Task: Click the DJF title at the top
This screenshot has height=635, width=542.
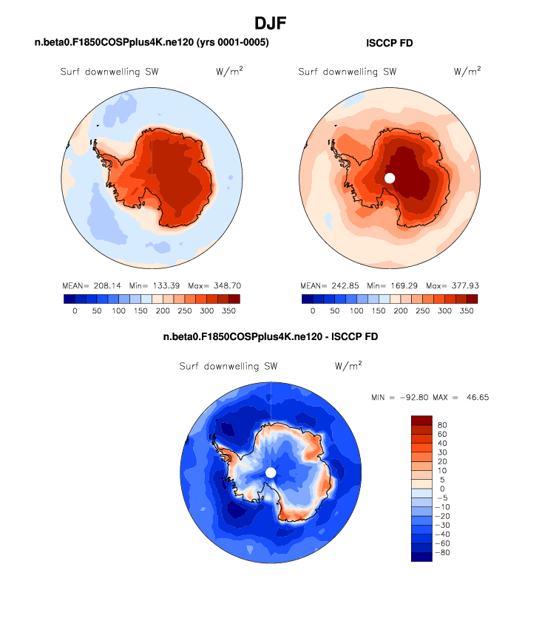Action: [x=271, y=24]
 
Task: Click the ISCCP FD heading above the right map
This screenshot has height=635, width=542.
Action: [x=390, y=44]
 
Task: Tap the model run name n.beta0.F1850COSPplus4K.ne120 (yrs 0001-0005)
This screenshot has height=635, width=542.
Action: [x=152, y=43]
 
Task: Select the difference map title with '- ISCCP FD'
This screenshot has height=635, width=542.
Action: [x=271, y=337]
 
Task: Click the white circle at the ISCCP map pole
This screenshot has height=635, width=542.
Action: [x=390, y=177]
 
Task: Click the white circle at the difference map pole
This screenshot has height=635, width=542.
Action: [x=271, y=472]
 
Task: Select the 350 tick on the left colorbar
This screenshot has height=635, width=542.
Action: [x=228, y=312]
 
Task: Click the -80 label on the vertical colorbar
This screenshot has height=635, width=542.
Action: [x=443, y=552]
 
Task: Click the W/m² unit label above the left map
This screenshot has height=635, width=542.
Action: [x=228, y=72]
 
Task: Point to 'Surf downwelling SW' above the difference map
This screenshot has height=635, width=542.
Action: [x=228, y=366]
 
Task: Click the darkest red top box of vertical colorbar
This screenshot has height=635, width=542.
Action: [x=421, y=420]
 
